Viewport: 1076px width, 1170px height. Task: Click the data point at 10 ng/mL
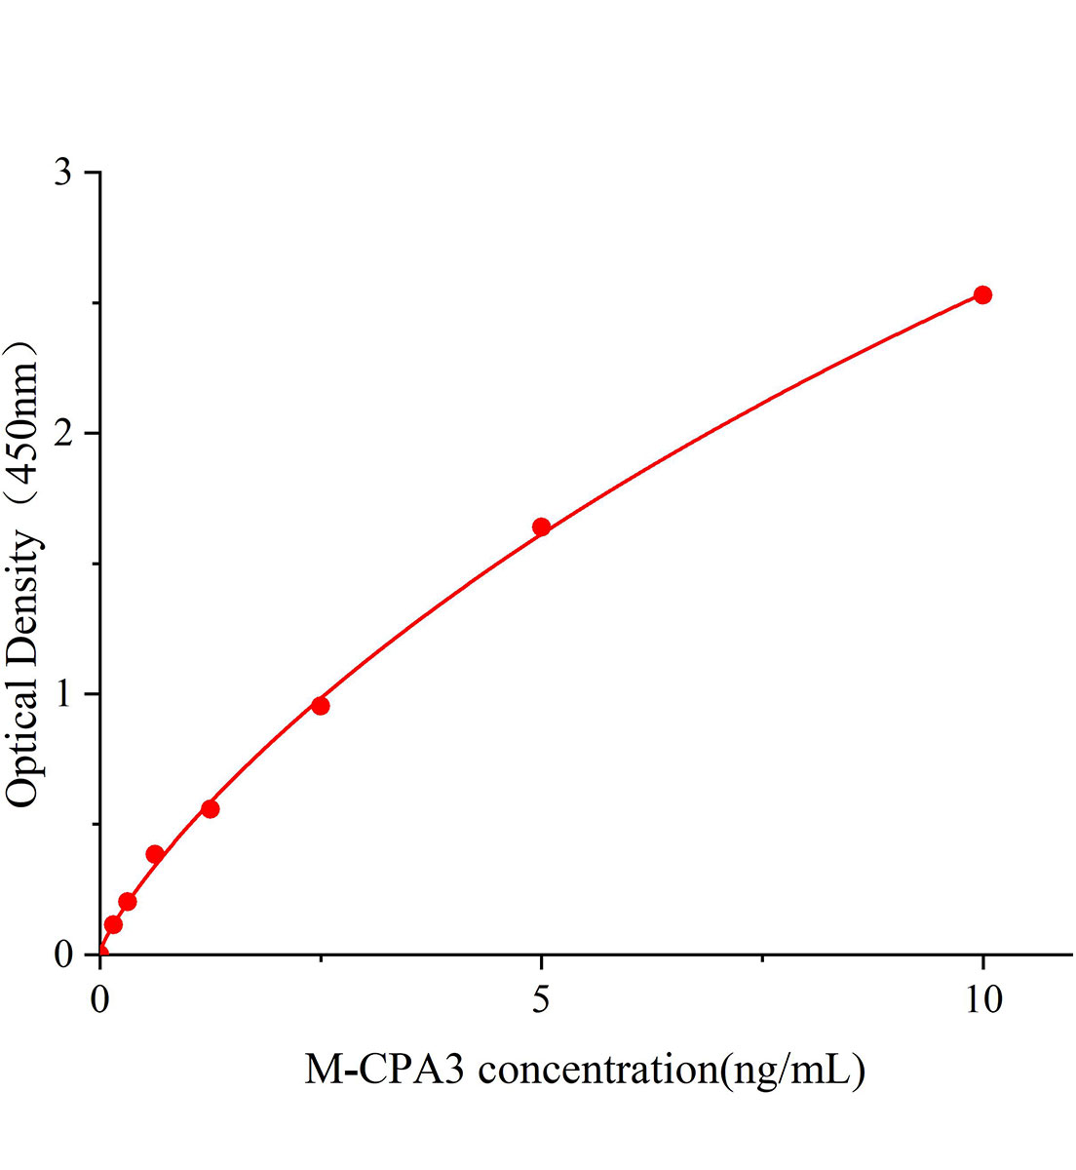click(982, 294)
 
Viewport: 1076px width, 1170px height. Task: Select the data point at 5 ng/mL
click(541, 527)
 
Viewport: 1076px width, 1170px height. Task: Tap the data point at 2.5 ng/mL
click(320, 706)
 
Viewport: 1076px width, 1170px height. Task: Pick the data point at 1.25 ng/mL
click(210, 808)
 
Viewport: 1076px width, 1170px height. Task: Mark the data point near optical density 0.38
click(154, 854)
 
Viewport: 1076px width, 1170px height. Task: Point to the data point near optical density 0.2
click(127, 901)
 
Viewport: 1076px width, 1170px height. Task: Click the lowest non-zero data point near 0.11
click(113, 924)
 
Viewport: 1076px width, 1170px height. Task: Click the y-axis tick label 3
click(64, 173)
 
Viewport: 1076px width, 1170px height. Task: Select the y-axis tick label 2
click(64, 433)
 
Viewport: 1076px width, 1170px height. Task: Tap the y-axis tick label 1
click(64, 693)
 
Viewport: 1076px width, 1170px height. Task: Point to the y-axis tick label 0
click(64, 954)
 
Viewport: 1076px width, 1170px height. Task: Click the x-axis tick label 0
click(100, 1001)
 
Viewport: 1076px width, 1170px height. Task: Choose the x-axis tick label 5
click(541, 1001)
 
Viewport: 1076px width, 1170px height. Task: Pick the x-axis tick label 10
click(982, 1001)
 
